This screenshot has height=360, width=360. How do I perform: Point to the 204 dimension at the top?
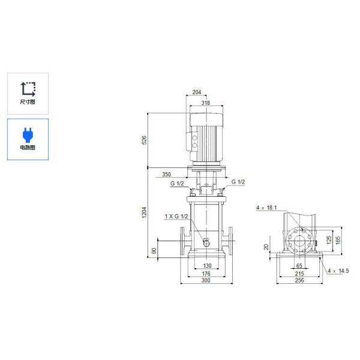pyautogui.click(x=197, y=93)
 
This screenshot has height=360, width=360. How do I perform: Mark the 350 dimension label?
pyautogui.click(x=166, y=175)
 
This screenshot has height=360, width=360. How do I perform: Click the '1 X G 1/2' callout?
pyautogui.click(x=176, y=216)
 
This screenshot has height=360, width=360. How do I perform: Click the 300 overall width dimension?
pyautogui.click(x=206, y=281)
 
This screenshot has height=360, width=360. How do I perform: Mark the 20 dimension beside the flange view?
pyautogui.click(x=266, y=246)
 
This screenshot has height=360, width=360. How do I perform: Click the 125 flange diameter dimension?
pyautogui.click(x=329, y=239)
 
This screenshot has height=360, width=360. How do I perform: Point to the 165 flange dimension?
pyautogui.click(x=338, y=239)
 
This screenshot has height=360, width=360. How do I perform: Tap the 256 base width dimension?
pyautogui.click(x=299, y=280)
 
